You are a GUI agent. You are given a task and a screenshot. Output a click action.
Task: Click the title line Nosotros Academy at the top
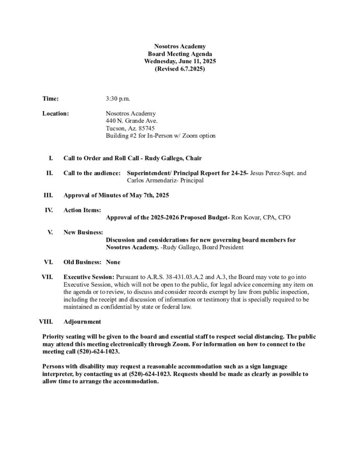pos(180,47)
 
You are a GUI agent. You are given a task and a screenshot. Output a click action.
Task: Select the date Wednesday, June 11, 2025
pos(180,61)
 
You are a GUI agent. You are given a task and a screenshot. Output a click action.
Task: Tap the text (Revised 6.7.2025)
pos(180,69)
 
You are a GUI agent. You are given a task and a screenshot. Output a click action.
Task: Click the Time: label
pos(51,98)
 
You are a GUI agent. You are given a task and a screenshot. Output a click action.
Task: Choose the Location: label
pos(56,113)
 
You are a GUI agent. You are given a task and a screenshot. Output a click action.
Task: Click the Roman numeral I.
pos(51,158)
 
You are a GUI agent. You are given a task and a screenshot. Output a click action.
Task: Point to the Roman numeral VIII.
pos(46,322)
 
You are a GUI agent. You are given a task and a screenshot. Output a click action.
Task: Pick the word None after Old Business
pos(113,262)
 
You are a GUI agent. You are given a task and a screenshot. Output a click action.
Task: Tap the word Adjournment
pos(82,322)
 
